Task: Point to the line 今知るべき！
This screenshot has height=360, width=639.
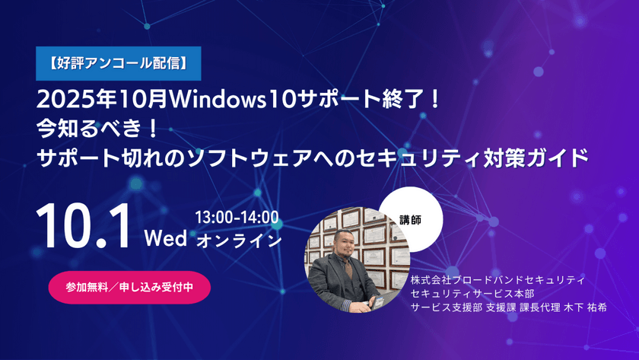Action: coord(99,128)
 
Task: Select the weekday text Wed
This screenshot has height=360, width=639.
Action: coord(166,238)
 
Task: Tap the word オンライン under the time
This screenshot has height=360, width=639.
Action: coord(239,240)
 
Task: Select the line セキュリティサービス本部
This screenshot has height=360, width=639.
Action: coord(469,294)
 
